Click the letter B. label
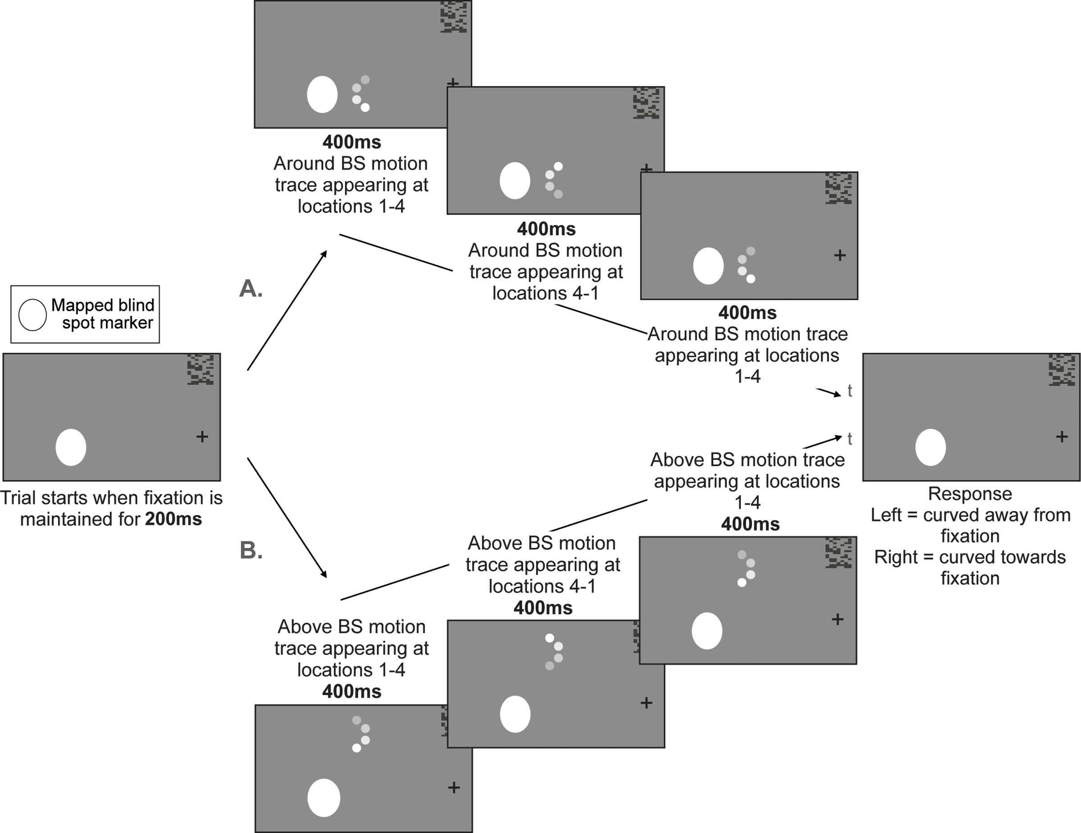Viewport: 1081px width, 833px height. click(251, 550)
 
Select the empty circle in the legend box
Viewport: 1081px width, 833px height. click(33, 315)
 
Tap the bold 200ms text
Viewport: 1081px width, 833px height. click(174, 519)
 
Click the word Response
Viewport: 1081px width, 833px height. click(970, 494)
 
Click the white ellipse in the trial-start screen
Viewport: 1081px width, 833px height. click(71, 447)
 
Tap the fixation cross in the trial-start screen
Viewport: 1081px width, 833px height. click(202, 437)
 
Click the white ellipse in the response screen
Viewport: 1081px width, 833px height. click(931, 447)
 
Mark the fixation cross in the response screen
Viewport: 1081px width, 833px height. click(1062, 437)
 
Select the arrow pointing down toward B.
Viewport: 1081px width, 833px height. click(287, 518)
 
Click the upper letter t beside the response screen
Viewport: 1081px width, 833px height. click(850, 391)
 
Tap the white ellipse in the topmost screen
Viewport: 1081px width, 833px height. click(322, 94)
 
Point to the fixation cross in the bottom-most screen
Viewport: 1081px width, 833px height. click(454, 787)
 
